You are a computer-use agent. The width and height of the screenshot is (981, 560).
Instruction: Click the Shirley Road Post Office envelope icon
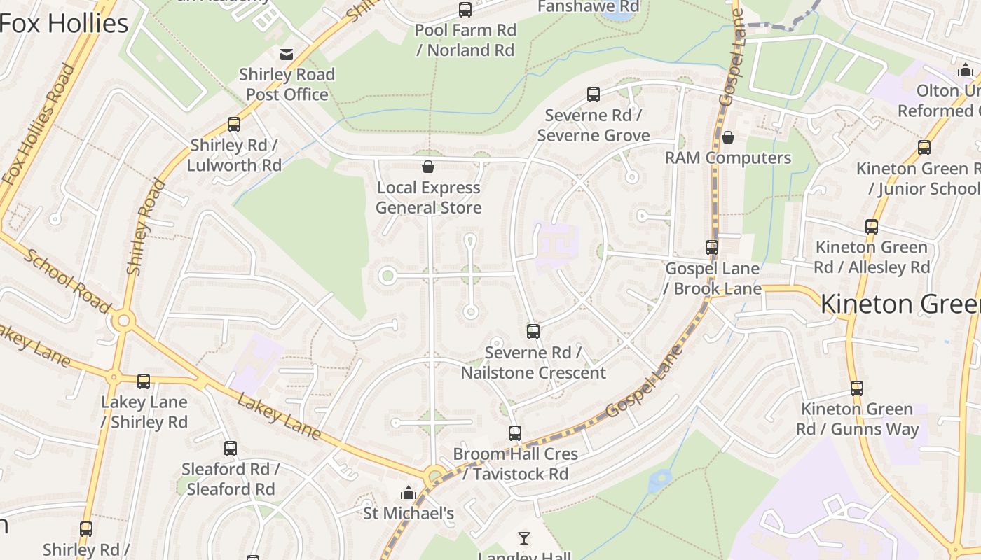click(287, 55)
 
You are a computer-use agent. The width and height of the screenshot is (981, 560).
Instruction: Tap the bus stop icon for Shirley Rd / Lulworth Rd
click(234, 125)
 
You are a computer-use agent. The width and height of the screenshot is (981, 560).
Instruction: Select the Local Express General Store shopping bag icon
click(428, 167)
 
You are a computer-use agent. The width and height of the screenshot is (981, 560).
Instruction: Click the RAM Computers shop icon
click(728, 136)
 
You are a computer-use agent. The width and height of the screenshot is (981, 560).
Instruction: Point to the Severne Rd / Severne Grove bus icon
click(594, 94)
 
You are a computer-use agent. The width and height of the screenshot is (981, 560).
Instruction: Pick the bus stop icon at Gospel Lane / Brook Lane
click(712, 247)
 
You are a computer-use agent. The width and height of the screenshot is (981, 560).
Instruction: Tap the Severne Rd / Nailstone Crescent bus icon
click(533, 331)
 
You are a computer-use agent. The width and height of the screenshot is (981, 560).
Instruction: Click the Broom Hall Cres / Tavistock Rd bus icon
click(515, 433)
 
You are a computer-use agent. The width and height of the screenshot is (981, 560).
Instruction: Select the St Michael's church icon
click(409, 493)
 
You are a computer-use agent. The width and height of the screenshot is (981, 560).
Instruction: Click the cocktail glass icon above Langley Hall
click(523, 538)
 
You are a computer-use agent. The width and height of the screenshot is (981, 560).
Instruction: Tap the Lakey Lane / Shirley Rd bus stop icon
click(144, 381)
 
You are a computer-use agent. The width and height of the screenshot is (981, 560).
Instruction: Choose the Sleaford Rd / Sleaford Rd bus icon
click(231, 448)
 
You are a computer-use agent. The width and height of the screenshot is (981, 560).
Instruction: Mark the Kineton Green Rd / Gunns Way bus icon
click(856, 388)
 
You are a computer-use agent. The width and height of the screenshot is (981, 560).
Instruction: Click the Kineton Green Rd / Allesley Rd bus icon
click(872, 226)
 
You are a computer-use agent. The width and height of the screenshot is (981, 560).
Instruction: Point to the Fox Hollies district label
click(64, 23)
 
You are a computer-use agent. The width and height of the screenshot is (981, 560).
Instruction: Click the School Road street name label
click(67, 281)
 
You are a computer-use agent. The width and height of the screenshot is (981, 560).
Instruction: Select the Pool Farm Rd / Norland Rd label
click(465, 40)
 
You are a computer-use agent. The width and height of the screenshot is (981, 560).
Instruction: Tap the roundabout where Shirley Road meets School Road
click(124, 321)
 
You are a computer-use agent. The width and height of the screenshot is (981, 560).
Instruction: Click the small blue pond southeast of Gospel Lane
click(659, 480)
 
